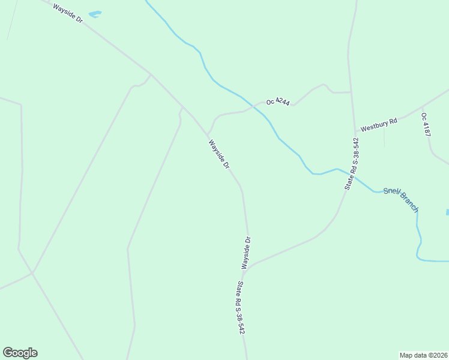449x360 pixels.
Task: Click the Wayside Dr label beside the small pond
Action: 67,13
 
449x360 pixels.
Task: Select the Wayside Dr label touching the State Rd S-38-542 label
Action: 246,253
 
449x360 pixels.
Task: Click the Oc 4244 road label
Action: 278,103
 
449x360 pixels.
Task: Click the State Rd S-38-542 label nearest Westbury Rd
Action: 352,164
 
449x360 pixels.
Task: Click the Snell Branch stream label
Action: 400,196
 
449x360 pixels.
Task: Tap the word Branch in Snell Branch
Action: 409,202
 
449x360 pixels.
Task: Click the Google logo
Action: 20,353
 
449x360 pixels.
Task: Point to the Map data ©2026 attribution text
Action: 424,355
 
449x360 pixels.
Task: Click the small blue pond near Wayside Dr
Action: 95,13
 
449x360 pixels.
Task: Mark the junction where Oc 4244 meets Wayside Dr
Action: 208,133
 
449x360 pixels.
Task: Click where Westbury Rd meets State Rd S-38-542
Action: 355,131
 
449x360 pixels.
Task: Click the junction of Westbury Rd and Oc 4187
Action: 422,106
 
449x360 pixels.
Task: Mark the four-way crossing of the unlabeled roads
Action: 32,272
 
